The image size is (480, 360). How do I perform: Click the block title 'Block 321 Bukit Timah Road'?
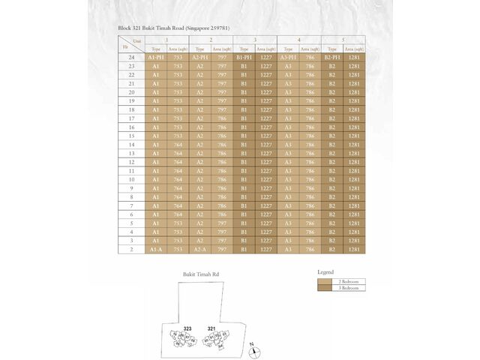tap(173, 28)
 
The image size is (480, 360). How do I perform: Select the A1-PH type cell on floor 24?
tap(156, 57)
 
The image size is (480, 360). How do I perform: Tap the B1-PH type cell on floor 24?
tap(244, 57)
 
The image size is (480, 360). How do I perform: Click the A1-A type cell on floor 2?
tap(156, 249)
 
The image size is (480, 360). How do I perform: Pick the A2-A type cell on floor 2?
tap(200, 249)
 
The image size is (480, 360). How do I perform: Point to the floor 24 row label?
tap(131, 57)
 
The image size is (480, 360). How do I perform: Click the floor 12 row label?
tap(131, 162)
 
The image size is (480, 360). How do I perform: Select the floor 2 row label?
tap(131, 249)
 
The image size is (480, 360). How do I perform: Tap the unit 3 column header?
tap(255, 39)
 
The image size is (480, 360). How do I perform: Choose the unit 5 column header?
tap(343, 39)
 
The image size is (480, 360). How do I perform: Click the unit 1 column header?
tap(166, 39)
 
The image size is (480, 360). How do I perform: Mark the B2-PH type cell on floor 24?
tap(332, 57)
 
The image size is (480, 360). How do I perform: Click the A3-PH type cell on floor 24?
tap(289, 57)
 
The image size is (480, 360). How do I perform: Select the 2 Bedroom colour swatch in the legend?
tap(325, 280)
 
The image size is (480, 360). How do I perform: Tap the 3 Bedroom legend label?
tap(349, 287)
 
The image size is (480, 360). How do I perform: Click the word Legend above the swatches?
tap(325, 271)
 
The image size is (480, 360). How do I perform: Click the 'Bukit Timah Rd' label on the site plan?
tap(201, 274)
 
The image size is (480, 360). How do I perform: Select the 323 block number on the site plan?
tap(188, 328)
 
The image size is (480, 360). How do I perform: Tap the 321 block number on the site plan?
tap(212, 328)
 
